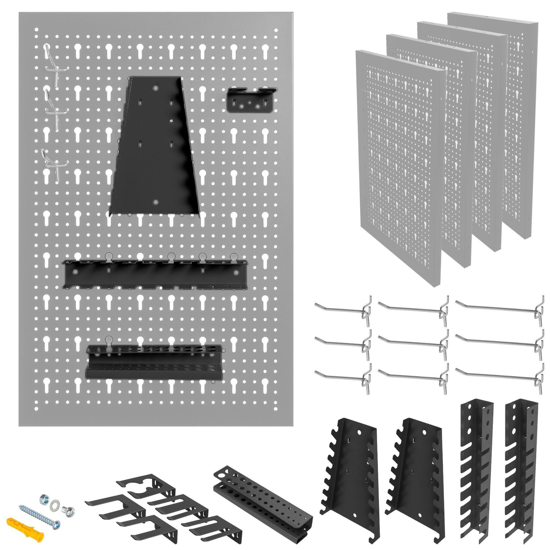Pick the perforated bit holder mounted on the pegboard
click(x=154, y=361)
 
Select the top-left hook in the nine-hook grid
click(x=342, y=310)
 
